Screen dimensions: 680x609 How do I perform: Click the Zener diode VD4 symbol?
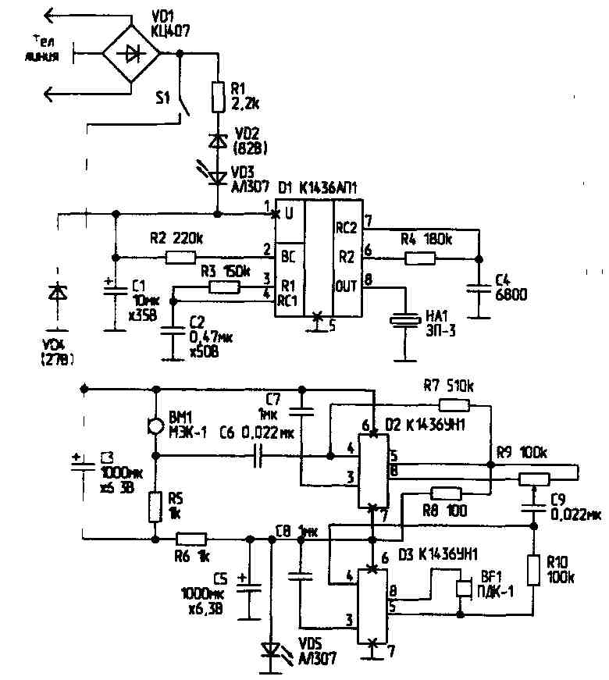pyautogui.click(x=55, y=294)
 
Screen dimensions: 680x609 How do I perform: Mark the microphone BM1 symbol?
pyautogui.click(x=155, y=426)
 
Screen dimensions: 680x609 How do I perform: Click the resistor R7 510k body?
pyautogui.click(x=453, y=404)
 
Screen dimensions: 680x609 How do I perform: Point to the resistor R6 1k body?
pyautogui.click(x=191, y=538)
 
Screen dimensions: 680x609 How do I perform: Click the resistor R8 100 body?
pyautogui.click(x=446, y=493)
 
